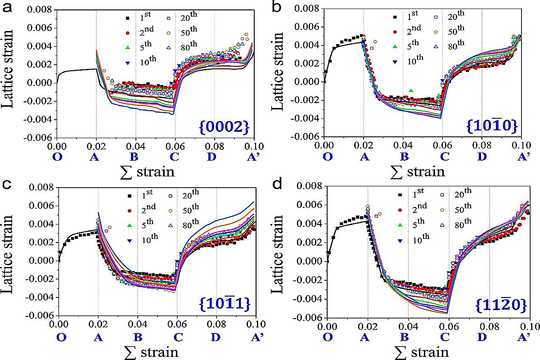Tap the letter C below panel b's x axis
445,157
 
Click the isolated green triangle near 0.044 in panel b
411,91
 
